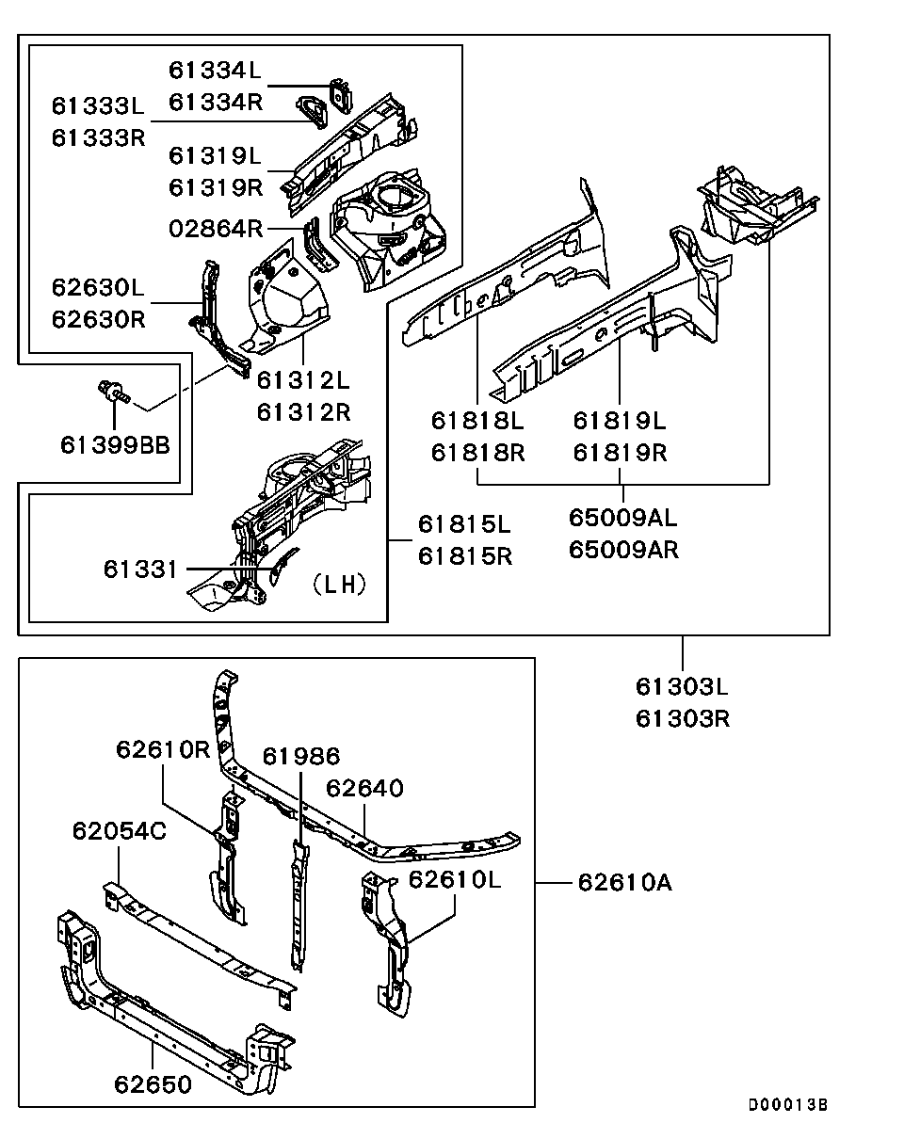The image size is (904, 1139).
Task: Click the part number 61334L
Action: point(215,71)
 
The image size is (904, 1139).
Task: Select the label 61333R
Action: point(99,138)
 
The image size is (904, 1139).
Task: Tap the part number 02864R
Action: point(216,229)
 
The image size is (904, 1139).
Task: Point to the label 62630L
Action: point(98,288)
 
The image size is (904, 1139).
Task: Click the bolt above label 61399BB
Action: point(113,393)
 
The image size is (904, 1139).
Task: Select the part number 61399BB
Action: point(116,445)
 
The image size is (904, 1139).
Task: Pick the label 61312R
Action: point(303,412)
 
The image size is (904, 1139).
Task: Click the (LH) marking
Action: point(339,585)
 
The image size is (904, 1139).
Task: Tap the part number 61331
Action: point(140,569)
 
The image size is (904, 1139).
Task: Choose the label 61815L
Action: point(464,524)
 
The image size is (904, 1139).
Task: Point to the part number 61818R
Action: point(477,453)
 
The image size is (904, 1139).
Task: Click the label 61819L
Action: point(620,421)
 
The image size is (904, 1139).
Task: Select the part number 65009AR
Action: point(623,550)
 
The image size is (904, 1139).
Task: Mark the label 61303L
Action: point(682,687)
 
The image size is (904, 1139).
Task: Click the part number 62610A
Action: point(625,883)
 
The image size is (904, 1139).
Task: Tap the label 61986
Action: point(301,756)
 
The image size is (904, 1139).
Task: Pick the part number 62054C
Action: point(120,831)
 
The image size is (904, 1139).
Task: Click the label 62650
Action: point(153,1084)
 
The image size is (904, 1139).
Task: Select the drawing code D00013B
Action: point(788,1105)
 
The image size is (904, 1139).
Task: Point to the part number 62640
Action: point(364,788)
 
